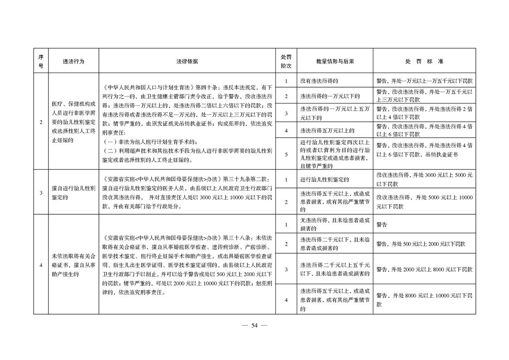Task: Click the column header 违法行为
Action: pyautogui.click(x=73, y=61)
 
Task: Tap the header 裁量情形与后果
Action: pyautogui.click(x=335, y=61)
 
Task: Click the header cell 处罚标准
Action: pyautogui.click(x=424, y=61)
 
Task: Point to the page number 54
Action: pyautogui.click(x=254, y=325)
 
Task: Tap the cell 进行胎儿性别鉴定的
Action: pyautogui.click(x=324, y=180)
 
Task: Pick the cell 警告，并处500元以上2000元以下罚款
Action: pyautogui.click(x=421, y=244)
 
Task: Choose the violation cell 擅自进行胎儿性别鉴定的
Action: pyautogui.click(x=73, y=193)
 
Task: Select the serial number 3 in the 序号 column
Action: pyautogui.click(x=41, y=193)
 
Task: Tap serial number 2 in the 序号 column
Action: pyautogui.click(x=41, y=122)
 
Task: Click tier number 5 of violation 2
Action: pyautogui.click(x=286, y=154)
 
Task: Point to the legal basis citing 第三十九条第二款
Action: pyautogui.click(x=187, y=193)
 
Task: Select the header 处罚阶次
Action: pyautogui.click(x=286, y=61)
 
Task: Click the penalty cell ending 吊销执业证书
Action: pyautogui.click(x=424, y=150)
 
